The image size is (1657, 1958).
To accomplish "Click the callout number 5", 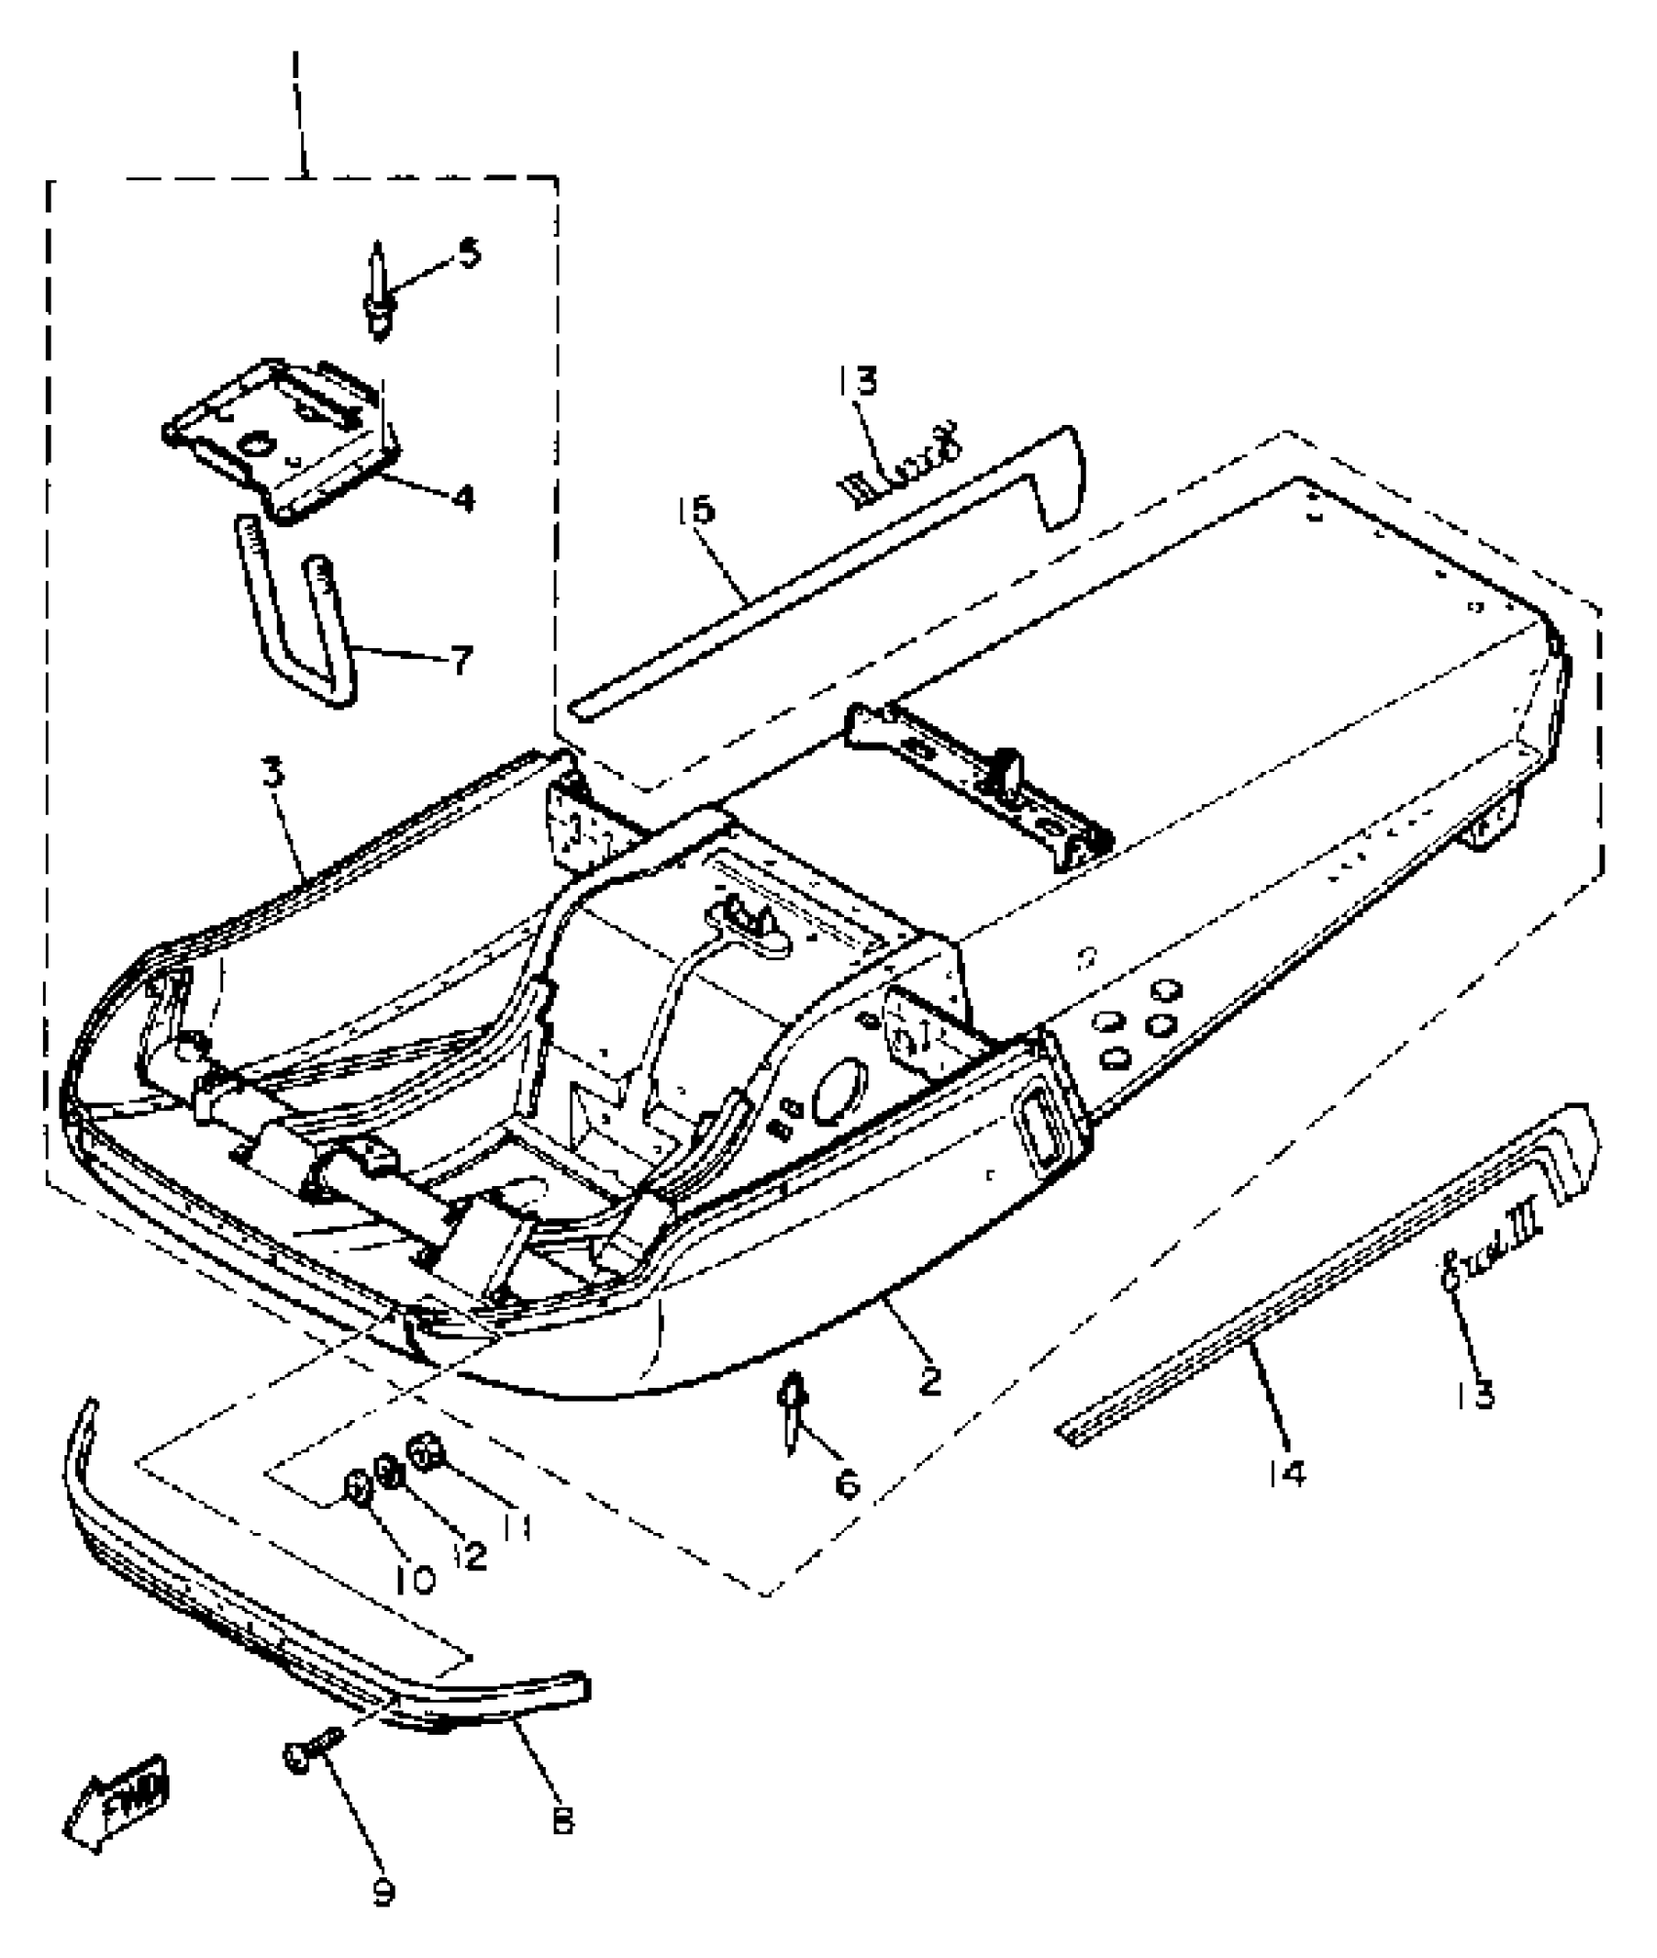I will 469,255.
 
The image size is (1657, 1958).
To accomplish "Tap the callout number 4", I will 463,498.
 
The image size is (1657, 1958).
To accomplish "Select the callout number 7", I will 461,660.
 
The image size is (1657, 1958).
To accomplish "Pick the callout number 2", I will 931,1379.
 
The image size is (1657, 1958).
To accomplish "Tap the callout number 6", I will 849,1484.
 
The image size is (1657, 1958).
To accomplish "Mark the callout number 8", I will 562,1821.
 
